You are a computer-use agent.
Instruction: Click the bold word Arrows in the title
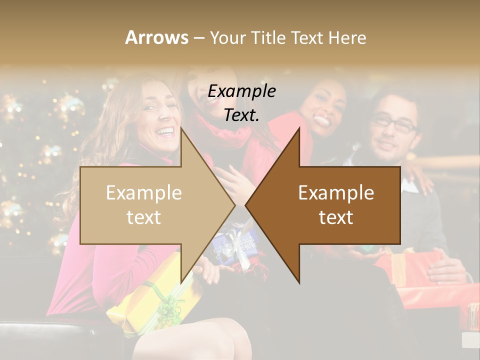[x=156, y=37]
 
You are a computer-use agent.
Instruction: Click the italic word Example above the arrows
[x=242, y=91]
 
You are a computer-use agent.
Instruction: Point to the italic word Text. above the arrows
[x=241, y=115]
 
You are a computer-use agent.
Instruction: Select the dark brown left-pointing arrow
[x=340, y=205]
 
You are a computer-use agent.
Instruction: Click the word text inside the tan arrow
[x=143, y=217]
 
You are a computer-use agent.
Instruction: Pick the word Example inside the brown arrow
[x=336, y=193]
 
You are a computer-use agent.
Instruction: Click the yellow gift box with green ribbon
[x=150, y=295]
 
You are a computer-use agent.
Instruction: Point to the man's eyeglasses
[x=395, y=122]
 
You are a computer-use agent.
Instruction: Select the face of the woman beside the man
[x=327, y=107]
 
